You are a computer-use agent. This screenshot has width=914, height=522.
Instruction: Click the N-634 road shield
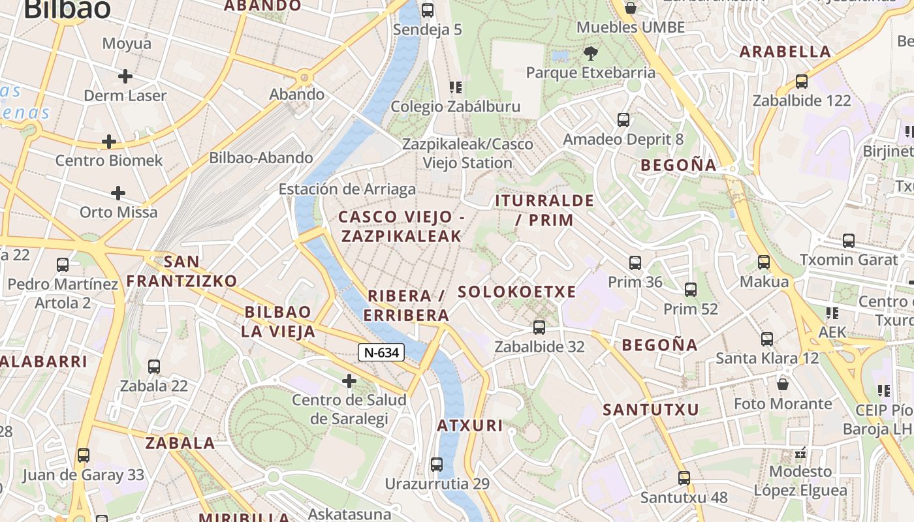pos(382,352)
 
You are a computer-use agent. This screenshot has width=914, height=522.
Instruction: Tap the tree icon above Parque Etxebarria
pos(591,53)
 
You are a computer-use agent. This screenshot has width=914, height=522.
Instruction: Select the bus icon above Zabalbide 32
pos(539,328)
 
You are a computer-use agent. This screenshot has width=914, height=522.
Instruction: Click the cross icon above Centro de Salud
pos(349,380)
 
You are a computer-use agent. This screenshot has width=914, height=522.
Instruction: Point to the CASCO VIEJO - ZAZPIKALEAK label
pos(401,226)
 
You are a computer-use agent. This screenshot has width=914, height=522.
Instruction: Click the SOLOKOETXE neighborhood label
pos(517,292)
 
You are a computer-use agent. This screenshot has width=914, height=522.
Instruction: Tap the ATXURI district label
pos(470,426)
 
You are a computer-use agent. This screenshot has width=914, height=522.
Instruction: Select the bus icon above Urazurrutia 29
pos(437,465)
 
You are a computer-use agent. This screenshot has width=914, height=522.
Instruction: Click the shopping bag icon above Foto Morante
pos(783,384)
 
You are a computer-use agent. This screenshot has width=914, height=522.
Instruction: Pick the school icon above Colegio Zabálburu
pos(456,87)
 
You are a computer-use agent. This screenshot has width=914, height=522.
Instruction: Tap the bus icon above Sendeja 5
pos(428,10)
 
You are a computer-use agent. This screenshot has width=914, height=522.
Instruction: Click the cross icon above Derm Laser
pos(125,76)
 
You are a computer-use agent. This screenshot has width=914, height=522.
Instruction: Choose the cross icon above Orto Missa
pos(118,193)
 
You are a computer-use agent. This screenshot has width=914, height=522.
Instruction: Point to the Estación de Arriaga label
pos(347,189)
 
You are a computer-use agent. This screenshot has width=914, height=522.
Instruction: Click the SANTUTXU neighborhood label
pos(651,410)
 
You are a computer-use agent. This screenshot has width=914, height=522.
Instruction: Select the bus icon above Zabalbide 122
pos(802,82)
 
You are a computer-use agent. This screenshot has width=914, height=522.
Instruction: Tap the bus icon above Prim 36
pos(635,263)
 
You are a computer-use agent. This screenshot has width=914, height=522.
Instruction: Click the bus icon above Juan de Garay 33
pos(84,455)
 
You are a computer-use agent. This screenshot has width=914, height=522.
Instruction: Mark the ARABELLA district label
pos(785,52)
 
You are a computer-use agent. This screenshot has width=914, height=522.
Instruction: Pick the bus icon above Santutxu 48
pos(684,478)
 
